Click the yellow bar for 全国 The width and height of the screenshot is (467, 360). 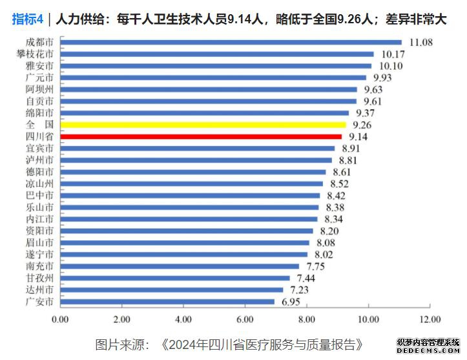click(203, 124)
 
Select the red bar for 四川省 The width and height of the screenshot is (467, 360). click(201, 136)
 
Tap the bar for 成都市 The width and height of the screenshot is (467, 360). click(231, 43)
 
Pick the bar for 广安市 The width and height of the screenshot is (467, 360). click(167, 301)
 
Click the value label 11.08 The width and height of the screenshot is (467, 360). click(420, 43)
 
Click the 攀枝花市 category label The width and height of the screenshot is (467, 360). click(35, 54)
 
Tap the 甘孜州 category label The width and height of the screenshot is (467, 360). click(40, 277)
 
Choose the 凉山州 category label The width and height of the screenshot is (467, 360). click(40, 183)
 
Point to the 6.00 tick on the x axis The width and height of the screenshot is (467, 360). click(245, 319)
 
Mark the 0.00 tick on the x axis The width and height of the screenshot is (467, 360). click(60, 319)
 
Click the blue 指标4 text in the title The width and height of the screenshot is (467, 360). click(28, 19)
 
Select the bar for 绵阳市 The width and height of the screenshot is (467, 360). click(204, 112)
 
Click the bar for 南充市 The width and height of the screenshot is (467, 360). click(180, 266)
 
